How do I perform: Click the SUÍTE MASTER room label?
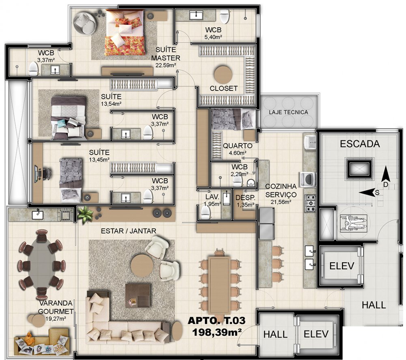click(166, 54)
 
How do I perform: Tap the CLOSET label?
click(223, 88)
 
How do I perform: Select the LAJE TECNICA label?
click(288, 112)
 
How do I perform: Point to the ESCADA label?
click(360, 144)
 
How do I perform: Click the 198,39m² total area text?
click(217, 332)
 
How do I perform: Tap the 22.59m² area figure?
click(166, 65)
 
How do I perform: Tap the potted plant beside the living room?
click(85, 215)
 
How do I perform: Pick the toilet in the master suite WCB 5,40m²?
click(225, 16)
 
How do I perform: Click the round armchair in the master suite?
click(85, 23)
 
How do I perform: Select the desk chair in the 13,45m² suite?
click(47, 173)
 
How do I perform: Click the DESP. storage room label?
click(245, 198)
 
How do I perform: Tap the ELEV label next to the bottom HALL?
click(316, 334)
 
